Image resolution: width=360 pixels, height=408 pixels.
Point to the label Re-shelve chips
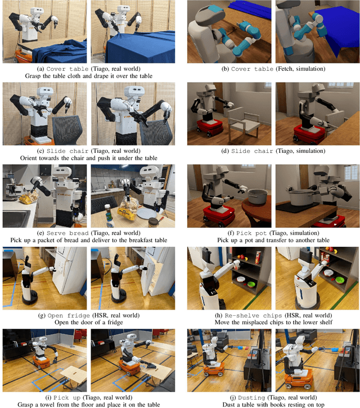coord(253,315)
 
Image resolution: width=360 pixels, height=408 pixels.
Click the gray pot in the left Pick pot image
coord(258,197)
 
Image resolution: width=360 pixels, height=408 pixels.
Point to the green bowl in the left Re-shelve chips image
coord(251,284)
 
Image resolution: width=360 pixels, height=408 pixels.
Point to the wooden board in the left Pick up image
coord(74,374)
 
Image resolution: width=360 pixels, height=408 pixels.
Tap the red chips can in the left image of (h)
coord(258,258)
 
